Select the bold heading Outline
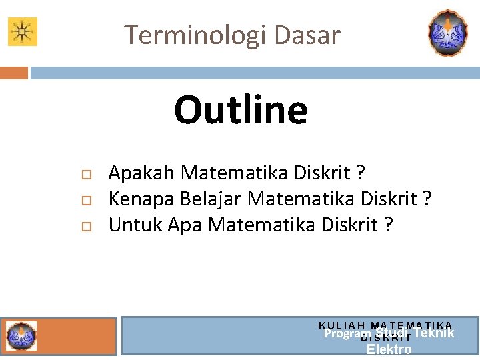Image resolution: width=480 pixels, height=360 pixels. pos(241,110)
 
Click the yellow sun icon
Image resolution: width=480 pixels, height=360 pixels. pos(22,31)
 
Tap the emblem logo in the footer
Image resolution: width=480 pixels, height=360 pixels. pos(21,336)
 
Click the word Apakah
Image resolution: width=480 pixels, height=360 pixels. pos(141,173)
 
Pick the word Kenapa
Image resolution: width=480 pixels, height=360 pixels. pos(141,199)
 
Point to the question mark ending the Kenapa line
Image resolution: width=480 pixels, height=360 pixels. pos(427,199)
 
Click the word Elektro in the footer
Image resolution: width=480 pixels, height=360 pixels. pos(389,349)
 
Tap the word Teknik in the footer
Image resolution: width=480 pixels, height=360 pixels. pos(434,333)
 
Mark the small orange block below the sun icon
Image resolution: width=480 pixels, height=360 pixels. pos(13,72)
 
